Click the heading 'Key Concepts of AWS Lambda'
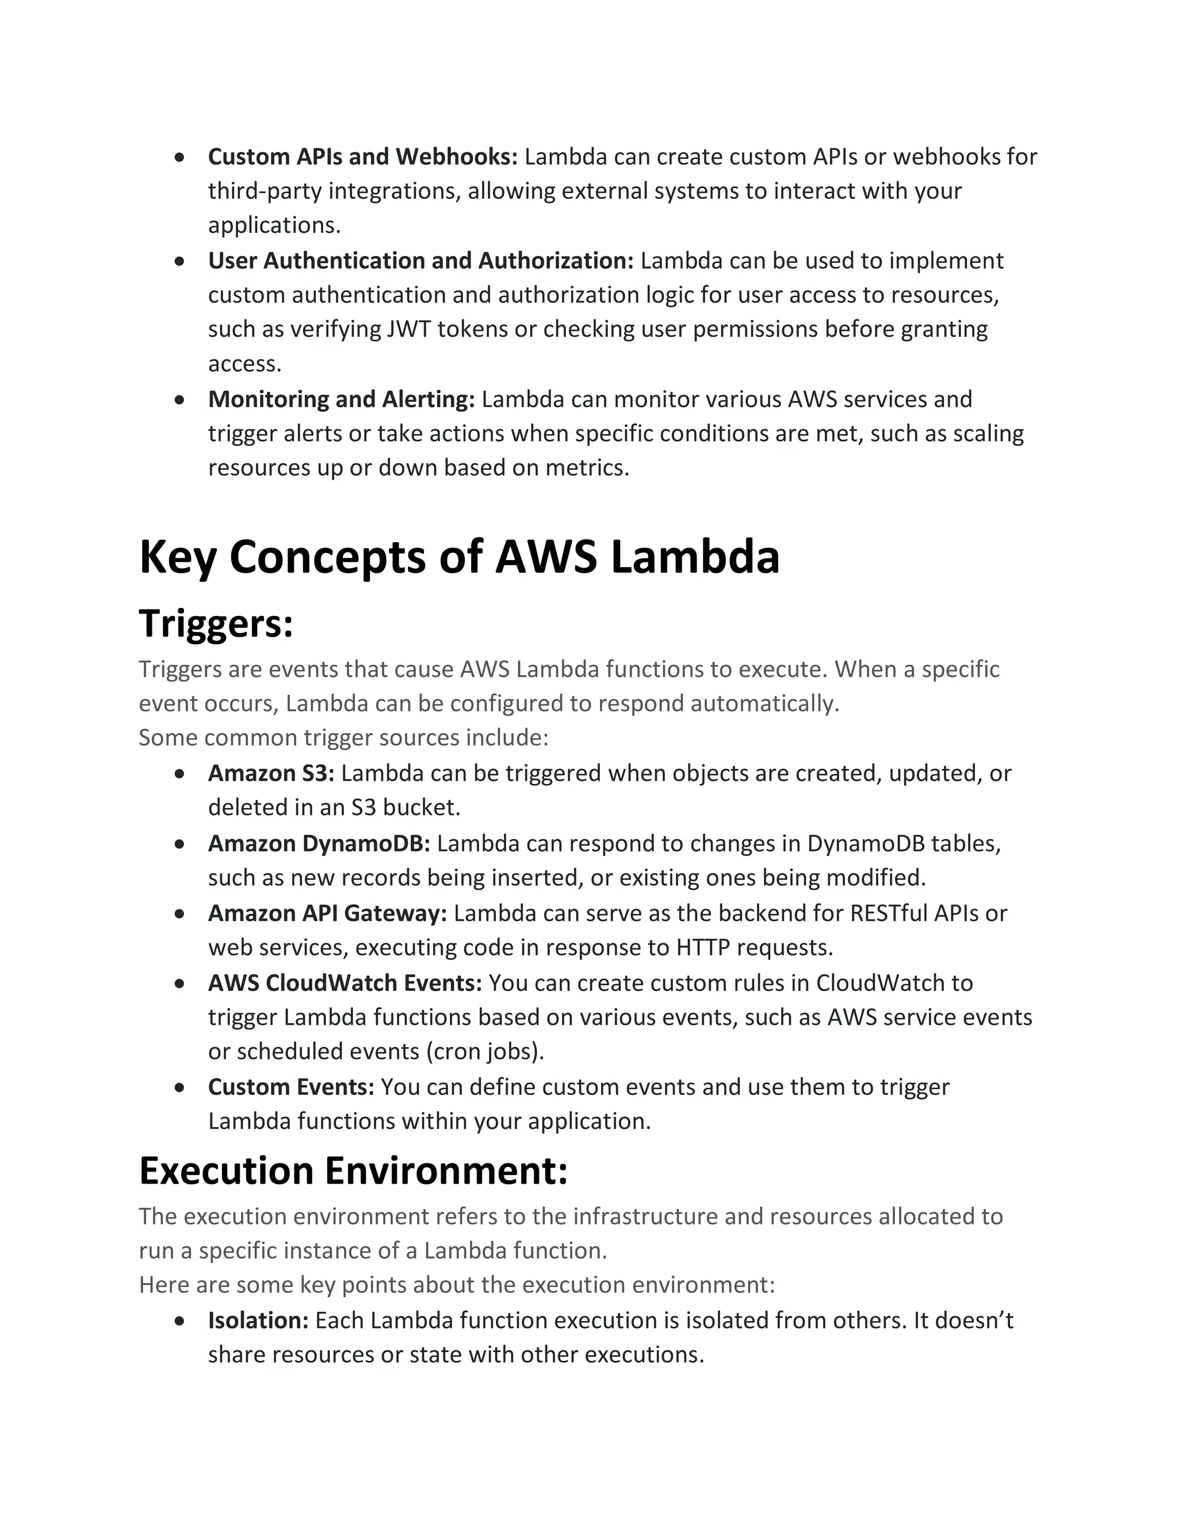459,557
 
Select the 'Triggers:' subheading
216,623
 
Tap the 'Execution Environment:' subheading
353,1170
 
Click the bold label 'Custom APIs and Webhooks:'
363,156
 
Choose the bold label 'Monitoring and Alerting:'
341,399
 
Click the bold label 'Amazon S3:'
271,773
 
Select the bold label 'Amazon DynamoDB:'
319,843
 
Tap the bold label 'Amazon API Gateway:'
327,913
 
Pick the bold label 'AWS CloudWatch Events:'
345,982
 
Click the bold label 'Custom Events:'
291,1086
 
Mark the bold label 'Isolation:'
258,1320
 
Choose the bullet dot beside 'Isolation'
180,1321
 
